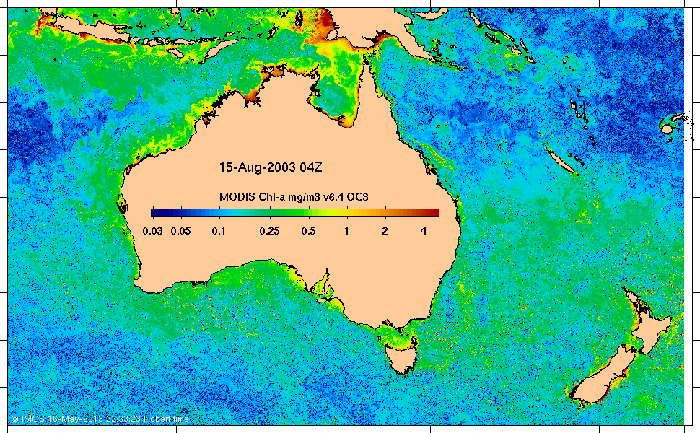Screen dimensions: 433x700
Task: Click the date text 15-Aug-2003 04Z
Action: pos(270,167)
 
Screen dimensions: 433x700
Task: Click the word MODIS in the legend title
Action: pos(235,197)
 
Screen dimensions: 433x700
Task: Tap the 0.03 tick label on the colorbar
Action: pos(152,231)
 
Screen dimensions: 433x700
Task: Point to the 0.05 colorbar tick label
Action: pos(180,231)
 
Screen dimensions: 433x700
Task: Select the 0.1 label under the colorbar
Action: pos(218,231)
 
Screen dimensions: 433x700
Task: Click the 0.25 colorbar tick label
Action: pos(270,231)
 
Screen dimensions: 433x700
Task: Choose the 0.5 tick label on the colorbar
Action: pos(308,231)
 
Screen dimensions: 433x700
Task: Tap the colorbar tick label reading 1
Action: pos(347,231)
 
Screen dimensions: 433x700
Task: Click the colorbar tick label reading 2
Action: pos(385,231)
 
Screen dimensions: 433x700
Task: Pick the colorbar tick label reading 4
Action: pos(424,231)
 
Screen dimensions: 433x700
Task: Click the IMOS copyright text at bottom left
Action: pos(101,419)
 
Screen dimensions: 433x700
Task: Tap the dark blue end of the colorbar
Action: pos(156,212)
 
